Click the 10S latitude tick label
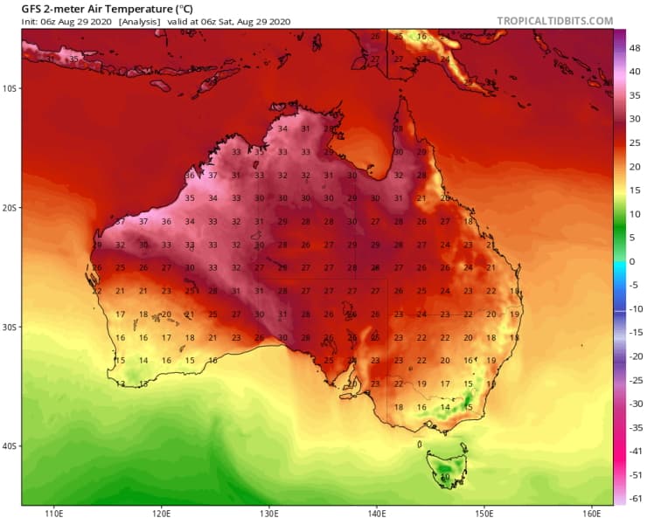[x=10, y=88]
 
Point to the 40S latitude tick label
[x=10, y=445]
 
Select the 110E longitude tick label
[x=54, y=512]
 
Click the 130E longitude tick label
[x=269, y=512]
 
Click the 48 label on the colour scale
[x=636, y=49]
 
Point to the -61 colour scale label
[x=636, y=498]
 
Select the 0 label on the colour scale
[x=632, y=261]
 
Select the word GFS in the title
[x=32, y=8]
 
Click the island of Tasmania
[x=446, y=467]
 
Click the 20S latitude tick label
[x=10, y=208]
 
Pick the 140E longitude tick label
[x=377, y=512]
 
